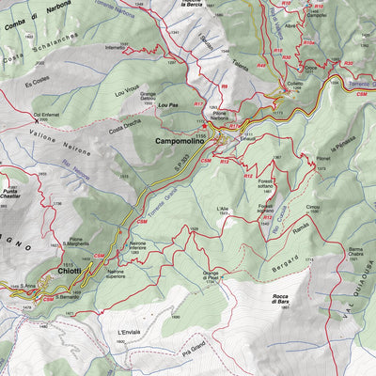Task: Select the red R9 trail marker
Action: [x=224, y=86]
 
